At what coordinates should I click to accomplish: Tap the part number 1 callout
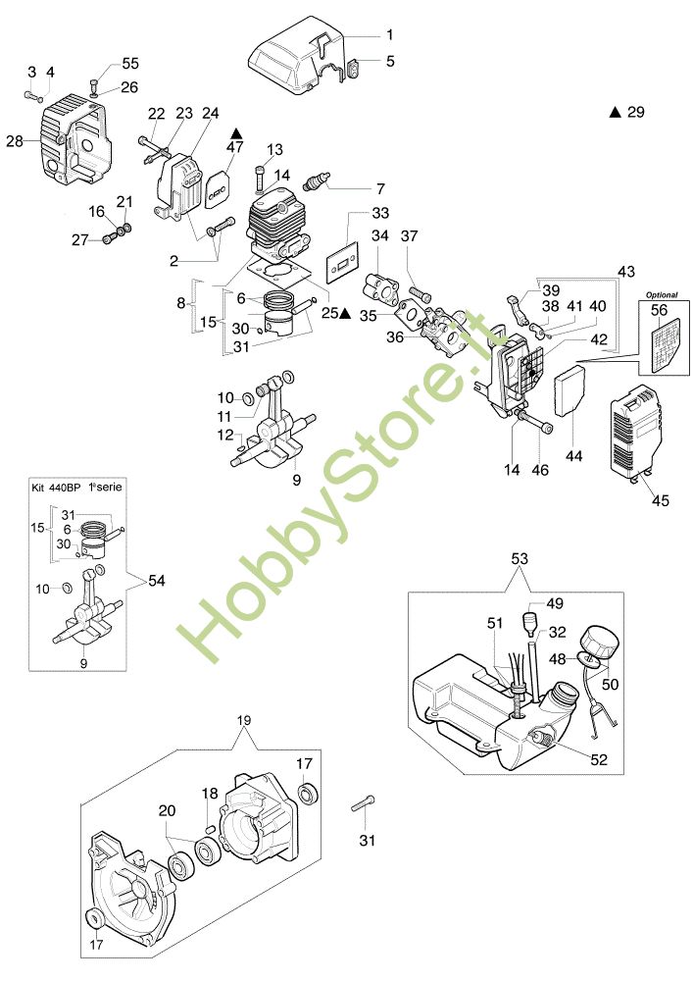tap(389, 34)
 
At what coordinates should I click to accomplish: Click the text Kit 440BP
tap(58, 487)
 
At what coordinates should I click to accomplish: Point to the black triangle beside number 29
tap(616, 113)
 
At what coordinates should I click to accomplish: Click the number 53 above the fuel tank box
tap(521, 558)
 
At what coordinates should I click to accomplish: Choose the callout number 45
tap(660, 500)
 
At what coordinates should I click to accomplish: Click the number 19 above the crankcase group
tap(245, 719)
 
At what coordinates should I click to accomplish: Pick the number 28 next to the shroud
tap(14, 141)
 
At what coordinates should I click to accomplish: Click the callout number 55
tap(130, 63)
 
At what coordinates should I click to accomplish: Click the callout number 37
tap(409, 235)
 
